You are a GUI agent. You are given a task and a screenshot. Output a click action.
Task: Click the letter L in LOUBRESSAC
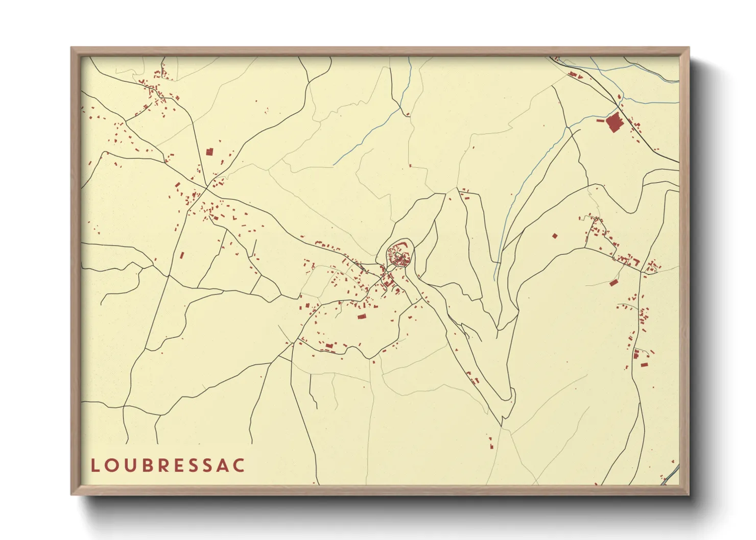94,465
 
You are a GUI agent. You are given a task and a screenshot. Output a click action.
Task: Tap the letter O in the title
112,465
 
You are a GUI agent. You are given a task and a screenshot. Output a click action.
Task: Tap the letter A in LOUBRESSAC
224,465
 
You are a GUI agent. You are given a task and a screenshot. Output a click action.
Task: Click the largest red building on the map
613,123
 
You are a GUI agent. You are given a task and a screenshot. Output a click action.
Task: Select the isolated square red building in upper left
209,152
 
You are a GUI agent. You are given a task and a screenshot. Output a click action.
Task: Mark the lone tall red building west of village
181,255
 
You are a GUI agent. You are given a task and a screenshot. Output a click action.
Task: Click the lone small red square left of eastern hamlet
555,236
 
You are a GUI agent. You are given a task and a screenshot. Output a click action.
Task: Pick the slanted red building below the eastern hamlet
613,283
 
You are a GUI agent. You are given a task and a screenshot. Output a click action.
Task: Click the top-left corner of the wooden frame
72,48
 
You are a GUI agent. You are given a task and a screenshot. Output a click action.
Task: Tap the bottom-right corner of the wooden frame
689,495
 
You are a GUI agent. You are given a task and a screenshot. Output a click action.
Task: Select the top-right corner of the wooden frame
689,48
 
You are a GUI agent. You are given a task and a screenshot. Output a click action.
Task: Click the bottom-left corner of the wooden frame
72,495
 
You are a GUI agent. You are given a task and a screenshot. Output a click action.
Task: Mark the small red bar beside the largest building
600,121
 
